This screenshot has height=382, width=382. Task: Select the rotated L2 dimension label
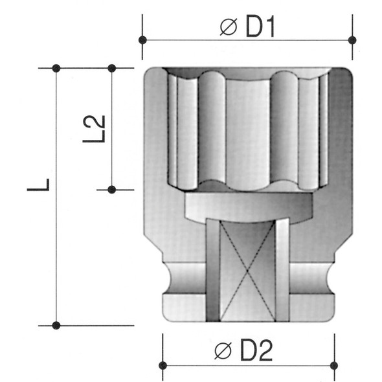coord(95,128)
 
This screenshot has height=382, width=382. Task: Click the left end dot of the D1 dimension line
coord(143,39)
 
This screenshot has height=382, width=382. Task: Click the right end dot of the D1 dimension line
coord(352,39)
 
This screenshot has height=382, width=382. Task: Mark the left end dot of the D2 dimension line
coord(163,366)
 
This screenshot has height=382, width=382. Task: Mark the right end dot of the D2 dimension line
coord(333,366)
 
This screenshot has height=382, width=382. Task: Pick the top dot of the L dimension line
coord(56,68)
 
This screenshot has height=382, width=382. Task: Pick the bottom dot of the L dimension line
coord(56,324)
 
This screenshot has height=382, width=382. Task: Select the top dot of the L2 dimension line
coord(111,68)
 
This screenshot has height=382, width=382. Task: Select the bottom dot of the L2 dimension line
coord(111,189)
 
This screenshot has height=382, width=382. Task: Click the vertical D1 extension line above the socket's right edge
coord(352,55)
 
